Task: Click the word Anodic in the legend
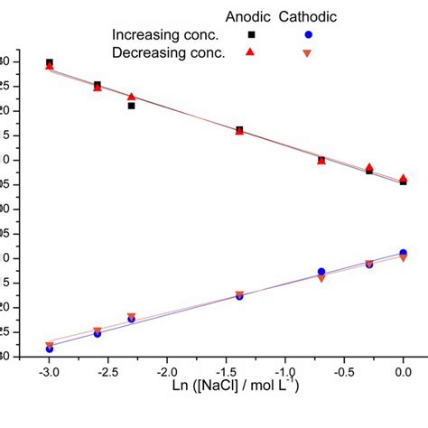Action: point(247,16)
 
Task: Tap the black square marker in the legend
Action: point(252,34)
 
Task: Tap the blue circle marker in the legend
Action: point(308,34)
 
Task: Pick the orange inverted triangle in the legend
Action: point(308,53)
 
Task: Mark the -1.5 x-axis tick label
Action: point(226,371)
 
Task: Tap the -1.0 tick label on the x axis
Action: point(285,371)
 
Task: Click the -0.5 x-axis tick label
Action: point(344,371)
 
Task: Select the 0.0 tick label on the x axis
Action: point(405,371)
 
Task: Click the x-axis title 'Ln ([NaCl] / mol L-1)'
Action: point(226,388)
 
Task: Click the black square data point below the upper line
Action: point(132,106)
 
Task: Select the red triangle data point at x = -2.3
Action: point(132,97)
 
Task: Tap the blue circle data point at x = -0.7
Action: point(321,272)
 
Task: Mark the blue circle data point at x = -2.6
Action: point(98,333)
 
